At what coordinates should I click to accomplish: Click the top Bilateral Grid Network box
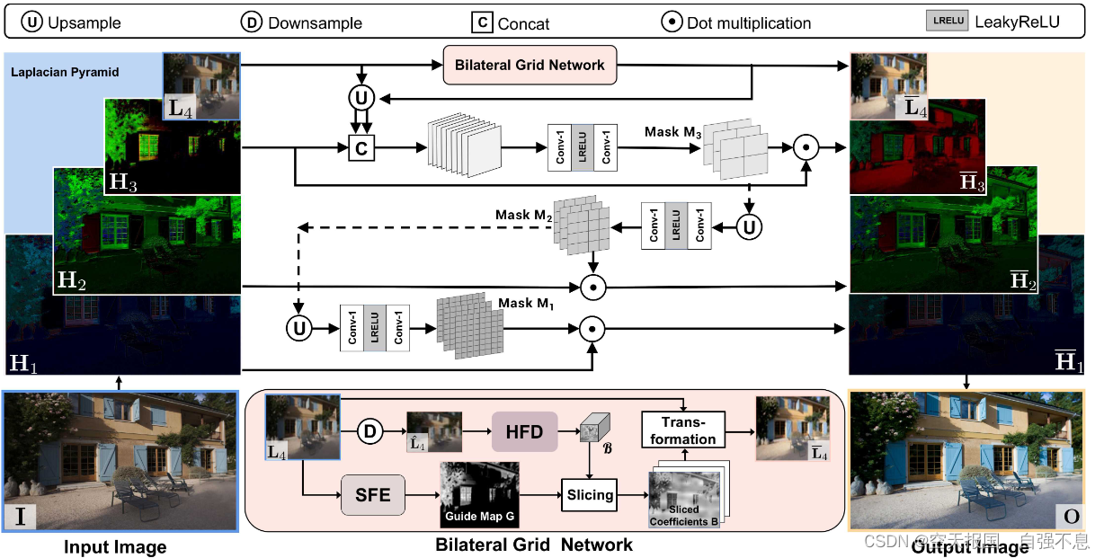(x=530, y=65)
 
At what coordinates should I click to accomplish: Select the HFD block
(x=524, y=432)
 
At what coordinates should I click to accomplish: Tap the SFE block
(x=373, y=494)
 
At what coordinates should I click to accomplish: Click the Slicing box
(x=590, y=494)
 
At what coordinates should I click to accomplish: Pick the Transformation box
(x=683, y=430)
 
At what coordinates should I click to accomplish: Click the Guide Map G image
(x=479, y=494)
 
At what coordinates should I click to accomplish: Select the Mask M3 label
(x=672, y=132)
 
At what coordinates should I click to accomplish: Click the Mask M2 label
(x=523, y=216)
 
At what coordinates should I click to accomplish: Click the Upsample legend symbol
(x=33, y=22)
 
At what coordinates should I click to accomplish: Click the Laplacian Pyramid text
(x=65, y=72)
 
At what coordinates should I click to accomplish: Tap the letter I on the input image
(x=20, y=516)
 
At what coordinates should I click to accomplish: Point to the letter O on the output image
(x=1070, y=516)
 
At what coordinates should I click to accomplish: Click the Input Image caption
(x=115, y=546)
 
